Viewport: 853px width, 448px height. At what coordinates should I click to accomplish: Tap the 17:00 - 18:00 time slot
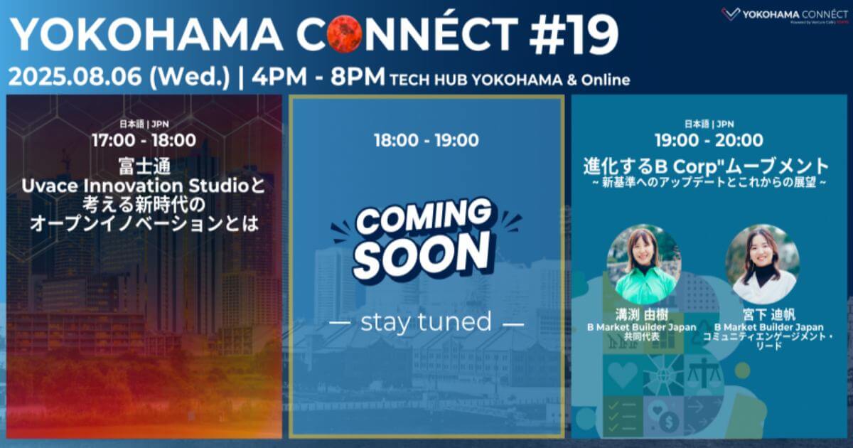[144, 140]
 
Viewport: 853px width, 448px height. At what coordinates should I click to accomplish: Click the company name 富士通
[144, 169]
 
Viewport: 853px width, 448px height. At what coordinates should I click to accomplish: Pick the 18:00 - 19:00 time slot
[426, 140]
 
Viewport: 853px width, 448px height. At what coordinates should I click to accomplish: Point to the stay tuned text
[426, 322]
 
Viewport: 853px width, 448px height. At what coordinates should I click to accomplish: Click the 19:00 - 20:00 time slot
[709, 140]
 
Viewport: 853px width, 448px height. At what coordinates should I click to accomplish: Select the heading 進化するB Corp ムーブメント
[707, 166]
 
